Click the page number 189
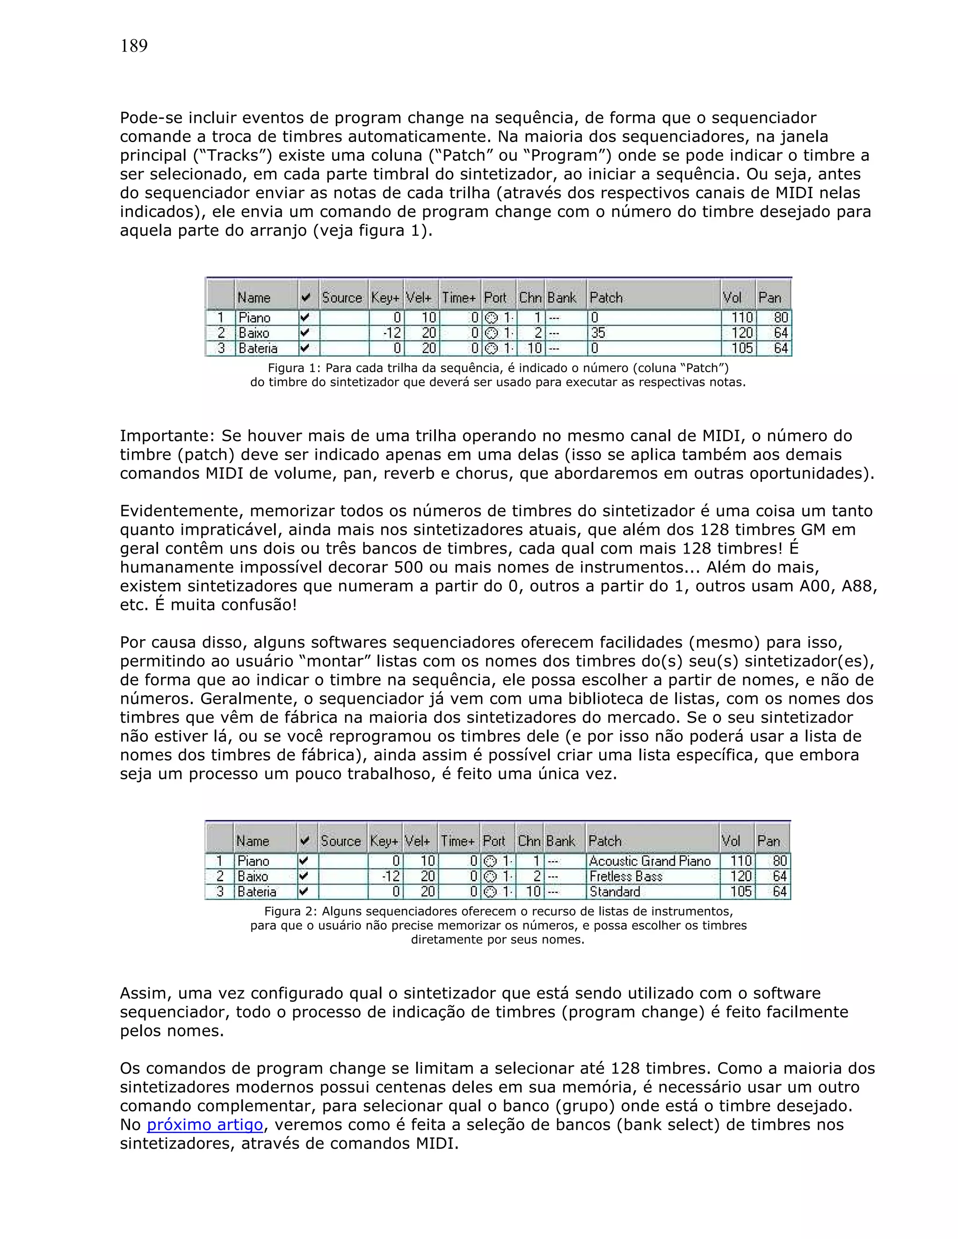click(134, 46)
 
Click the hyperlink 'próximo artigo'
click(205, 1124)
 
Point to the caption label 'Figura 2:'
click(285, 912)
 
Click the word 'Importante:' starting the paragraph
click(167, 436)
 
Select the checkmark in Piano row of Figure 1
click(305, 317)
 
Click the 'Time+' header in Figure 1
click(458, 297)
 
